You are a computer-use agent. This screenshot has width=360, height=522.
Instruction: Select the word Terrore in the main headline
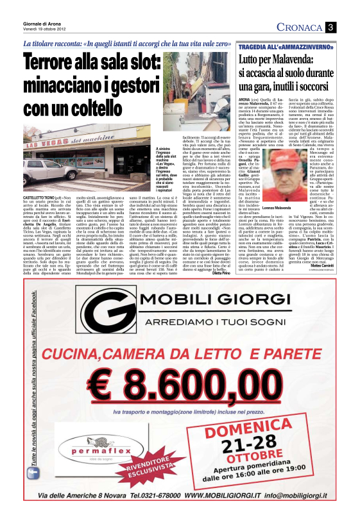60,64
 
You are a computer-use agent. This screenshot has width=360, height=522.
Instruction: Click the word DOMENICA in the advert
278,426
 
